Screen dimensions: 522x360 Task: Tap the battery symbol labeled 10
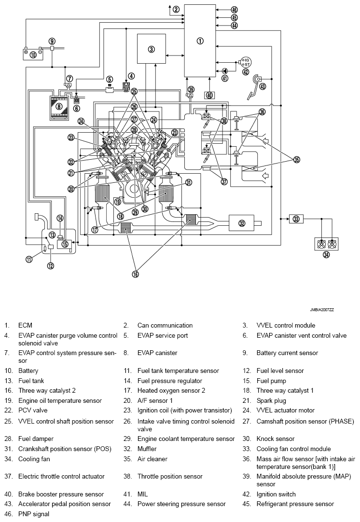pos(33,54)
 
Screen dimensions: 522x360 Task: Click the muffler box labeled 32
pos(242,222)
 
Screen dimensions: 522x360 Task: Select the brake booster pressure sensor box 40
pos(209,95)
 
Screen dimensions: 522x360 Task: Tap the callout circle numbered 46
pos(235,10)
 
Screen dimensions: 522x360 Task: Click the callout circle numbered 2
pos(176,9)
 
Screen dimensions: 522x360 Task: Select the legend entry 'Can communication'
pos(165,325)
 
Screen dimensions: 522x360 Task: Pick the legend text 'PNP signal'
pos(34,514)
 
